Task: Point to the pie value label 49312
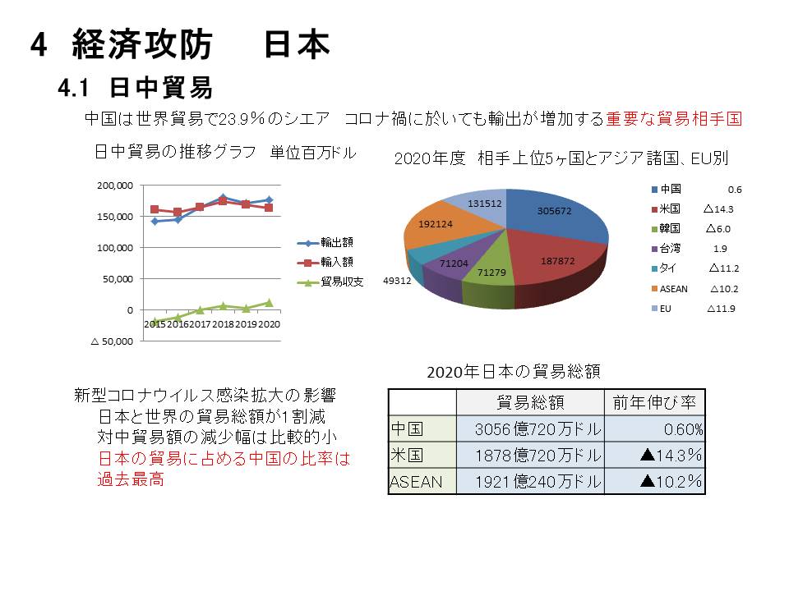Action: tap(399, 281)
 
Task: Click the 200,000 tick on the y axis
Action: tap(116, 186)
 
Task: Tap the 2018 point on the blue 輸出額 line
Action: tap(224, 198)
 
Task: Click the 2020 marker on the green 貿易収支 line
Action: tap(269, 303)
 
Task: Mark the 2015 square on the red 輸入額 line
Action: tap(155, 209)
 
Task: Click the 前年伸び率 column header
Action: tap(654, 402)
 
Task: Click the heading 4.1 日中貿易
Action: tap(136, 86)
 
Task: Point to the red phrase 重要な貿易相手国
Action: tap(674, 119)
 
